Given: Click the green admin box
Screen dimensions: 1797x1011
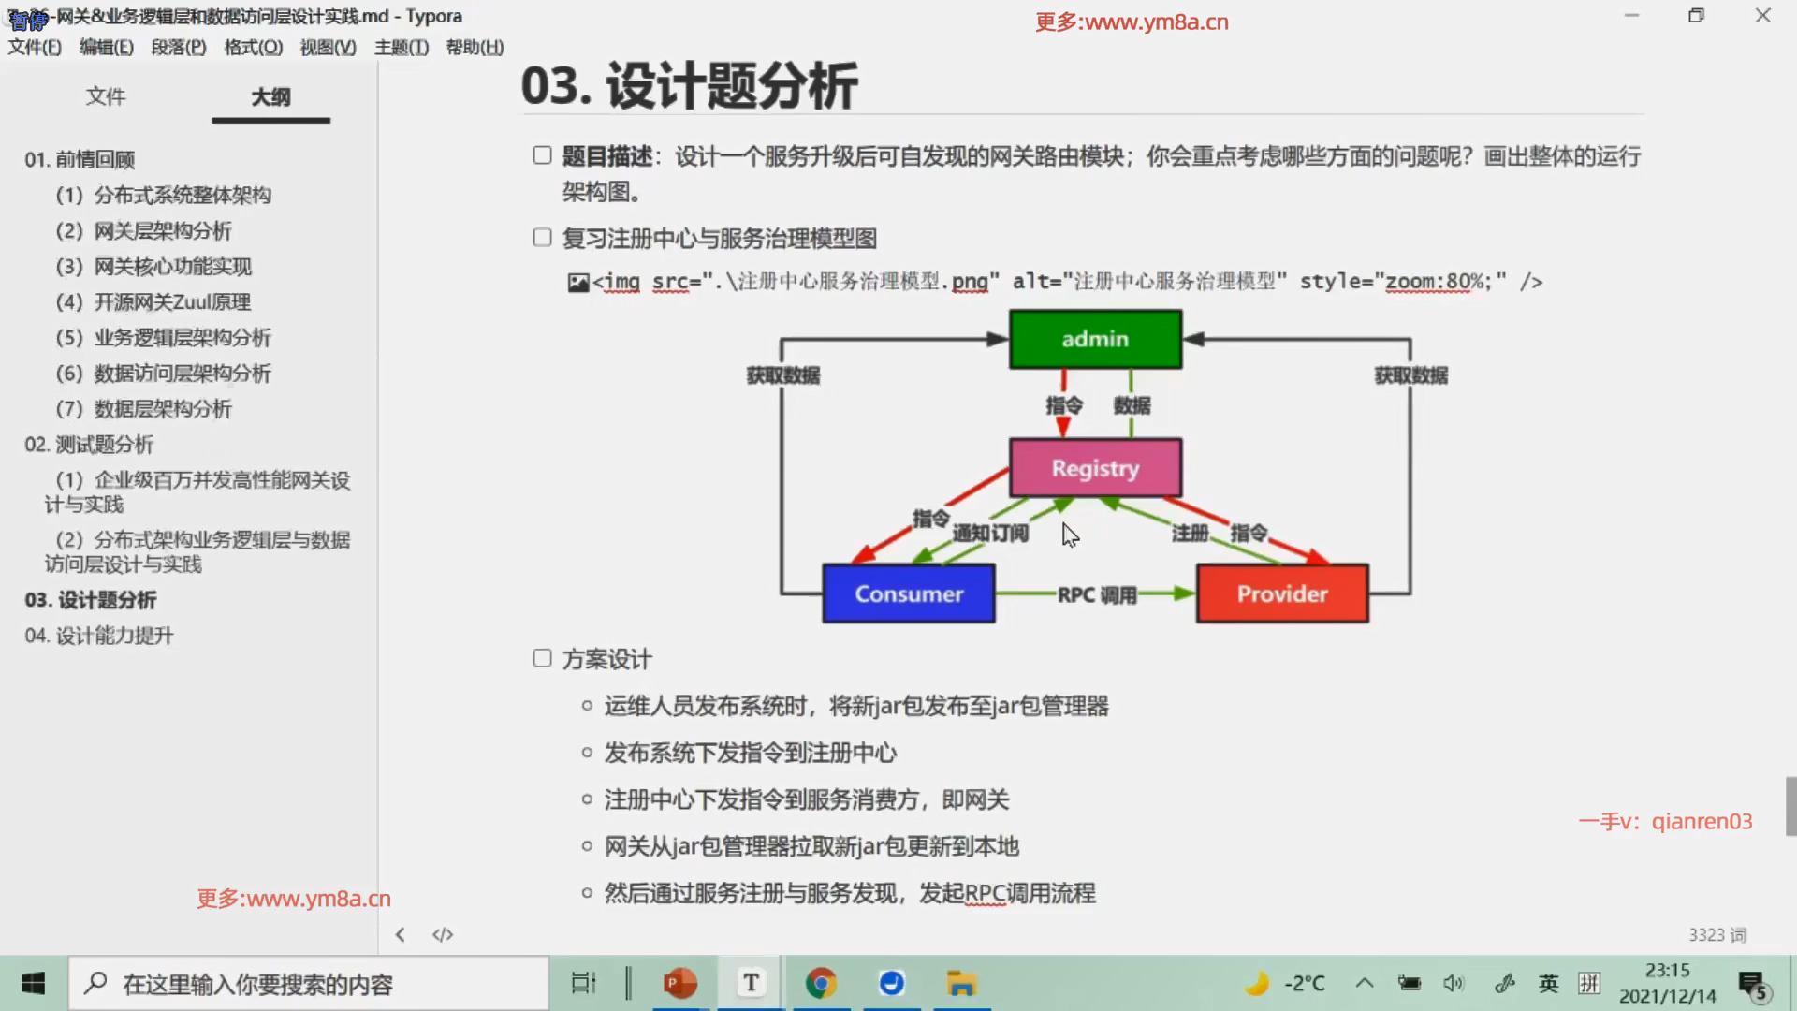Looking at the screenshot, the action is [1095, 339].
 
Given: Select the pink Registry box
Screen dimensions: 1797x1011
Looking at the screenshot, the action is [1095, 468].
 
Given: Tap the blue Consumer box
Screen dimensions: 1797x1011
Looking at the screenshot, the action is [908, 593].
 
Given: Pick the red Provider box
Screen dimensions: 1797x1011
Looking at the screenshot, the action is [1282, 593].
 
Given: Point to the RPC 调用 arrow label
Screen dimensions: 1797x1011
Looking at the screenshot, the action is [1096, 594].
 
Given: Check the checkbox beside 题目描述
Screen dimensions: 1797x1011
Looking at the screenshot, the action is [542, 155].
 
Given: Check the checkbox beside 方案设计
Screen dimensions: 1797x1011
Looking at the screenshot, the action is [542, 658].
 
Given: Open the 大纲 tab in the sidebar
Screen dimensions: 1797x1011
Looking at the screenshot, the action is [270, 96].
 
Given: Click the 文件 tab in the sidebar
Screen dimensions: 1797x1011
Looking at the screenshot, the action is [105, 96].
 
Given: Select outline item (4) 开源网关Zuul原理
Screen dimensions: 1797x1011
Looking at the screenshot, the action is [153, 302].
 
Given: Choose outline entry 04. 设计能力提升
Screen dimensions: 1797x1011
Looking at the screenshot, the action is [99, 636].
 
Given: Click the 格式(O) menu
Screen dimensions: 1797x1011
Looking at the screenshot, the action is [253, 48].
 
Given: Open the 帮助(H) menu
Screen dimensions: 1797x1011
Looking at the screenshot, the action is [475, 48].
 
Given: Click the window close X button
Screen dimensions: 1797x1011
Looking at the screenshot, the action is [1762, 16].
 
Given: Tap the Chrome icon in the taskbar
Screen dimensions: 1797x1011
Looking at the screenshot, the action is [821, 983].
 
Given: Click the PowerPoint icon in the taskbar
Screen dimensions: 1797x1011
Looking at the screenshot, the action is [680, 983].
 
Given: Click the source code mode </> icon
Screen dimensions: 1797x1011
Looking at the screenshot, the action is [443, 934].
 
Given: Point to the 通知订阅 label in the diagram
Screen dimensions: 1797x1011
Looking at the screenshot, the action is [990, 534].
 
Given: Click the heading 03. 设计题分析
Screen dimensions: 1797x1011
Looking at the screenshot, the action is [689, 86].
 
